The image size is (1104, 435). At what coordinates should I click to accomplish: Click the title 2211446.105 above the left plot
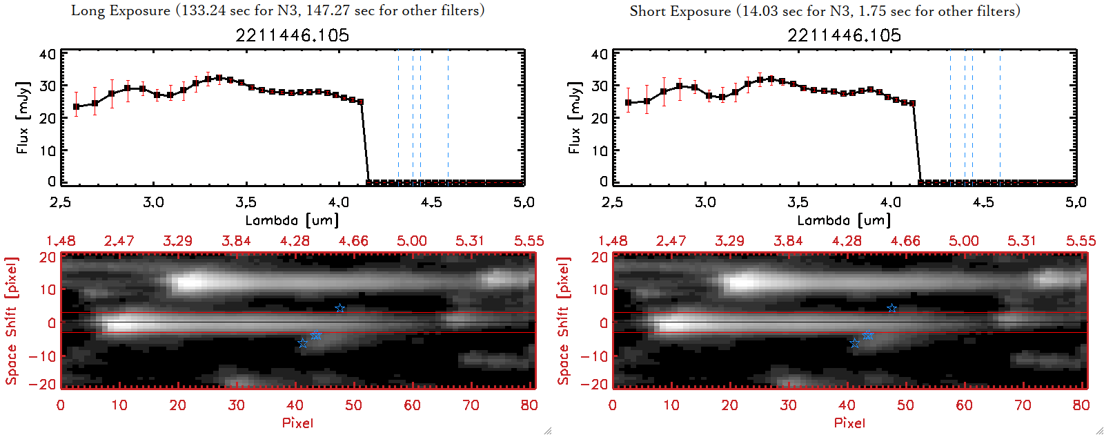click(293, 35)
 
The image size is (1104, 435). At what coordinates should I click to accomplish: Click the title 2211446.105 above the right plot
click(845, 35)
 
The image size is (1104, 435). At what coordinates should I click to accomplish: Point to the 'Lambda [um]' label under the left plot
click(292, 220)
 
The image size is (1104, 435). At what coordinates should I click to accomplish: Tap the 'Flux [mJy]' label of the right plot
click(574, 117)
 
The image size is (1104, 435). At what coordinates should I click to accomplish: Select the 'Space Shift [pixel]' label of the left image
click(11, 321)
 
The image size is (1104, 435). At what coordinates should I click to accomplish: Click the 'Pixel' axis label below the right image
click(849, 423)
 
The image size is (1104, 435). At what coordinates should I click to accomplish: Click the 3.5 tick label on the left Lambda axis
click(246, 202)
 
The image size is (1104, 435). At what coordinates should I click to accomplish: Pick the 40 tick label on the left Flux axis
click(48, 55)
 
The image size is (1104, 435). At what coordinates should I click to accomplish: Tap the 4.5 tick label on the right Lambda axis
click(983, 202)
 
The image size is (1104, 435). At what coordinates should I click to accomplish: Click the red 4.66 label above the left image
click(353, 241)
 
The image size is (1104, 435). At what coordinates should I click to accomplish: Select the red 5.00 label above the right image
click(964, 241)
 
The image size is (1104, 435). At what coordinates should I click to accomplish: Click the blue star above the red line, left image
click(339, 308)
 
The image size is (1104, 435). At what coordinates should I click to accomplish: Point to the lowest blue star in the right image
click(855, 343)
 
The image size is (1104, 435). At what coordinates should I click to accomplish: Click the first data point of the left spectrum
click(77, 107)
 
